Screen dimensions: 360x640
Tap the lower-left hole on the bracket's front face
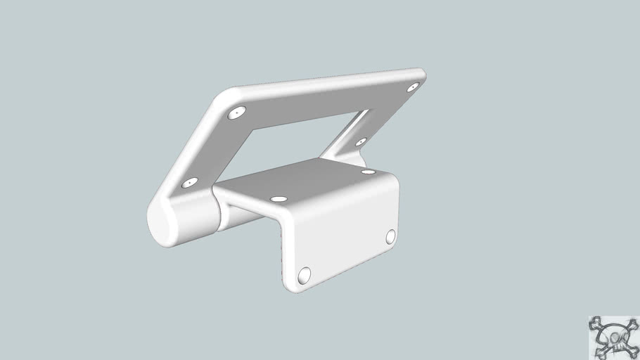pyautogui.click(x=305, y=276)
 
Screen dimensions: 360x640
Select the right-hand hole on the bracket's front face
pyautogui.click(x=391, y=237)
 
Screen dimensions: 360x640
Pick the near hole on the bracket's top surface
pyautogui.click(x=279, y=199)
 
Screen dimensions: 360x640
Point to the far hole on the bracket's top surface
pyautogui.click(x=368, y=171)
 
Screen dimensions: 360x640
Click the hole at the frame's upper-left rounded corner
pyautogui.click(x=238, y=112)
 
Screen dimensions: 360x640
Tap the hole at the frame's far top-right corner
pyautogui.click(x=414, y=86)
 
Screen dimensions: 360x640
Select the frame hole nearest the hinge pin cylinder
pyautogui.click(x=189, y=183)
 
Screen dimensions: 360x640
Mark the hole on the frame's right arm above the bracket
pyautogui.click(x=361, y=142)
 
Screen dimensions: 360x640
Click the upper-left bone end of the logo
pyautogui.click(x=594, y=323)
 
